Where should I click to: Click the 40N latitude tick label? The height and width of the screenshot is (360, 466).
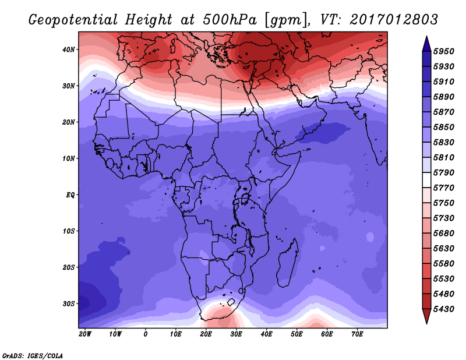point(69,50)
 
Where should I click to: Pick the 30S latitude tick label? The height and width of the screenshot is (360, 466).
point(69,303)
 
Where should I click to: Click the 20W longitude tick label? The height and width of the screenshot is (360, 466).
point(85,334)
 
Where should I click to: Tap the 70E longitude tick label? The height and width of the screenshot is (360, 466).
point(357,334)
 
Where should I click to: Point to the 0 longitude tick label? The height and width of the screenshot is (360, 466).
point(146,334)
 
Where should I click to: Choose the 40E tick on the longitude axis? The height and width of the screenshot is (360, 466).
point(266,334)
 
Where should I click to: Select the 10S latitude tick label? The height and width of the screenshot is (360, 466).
point(69,231)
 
